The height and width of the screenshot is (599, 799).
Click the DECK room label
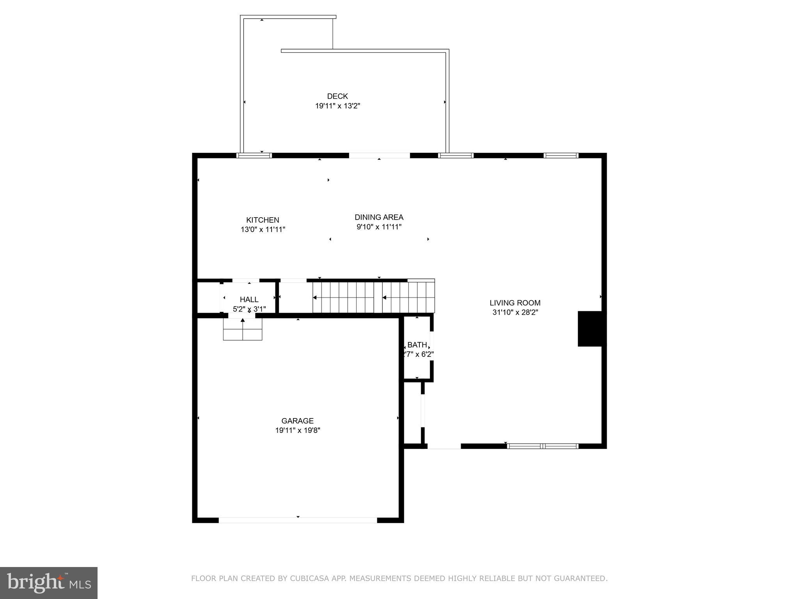[x=337, y=96]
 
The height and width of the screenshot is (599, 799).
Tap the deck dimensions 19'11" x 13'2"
[x=337, y=106]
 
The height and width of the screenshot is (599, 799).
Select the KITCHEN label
[x=263, y=220]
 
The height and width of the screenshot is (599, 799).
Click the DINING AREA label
[x=379, y=217]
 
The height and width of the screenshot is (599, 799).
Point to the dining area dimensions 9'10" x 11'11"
[x=379, y=227]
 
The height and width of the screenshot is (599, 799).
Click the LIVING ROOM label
[x=515, y=303]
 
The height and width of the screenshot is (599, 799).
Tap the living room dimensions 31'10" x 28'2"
[x=515, y=312]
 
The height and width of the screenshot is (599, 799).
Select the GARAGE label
[x=297, y=421]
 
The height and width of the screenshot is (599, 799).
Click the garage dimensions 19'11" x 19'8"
[x=297, y=431]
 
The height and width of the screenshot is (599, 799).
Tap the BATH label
[x=417, y=345]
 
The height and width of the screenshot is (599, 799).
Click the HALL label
[x=249, y=299]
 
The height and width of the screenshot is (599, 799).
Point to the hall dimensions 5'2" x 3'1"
[x=249, y=309]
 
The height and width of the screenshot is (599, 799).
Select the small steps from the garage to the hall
[x=242, y=330]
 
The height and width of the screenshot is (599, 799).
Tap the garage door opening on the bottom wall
[x=298, y=520]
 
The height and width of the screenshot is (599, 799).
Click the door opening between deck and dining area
[x=379, y=156]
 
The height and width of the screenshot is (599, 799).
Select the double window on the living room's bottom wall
[x=542, y=446]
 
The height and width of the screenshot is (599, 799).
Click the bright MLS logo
[x=49, y=583]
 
